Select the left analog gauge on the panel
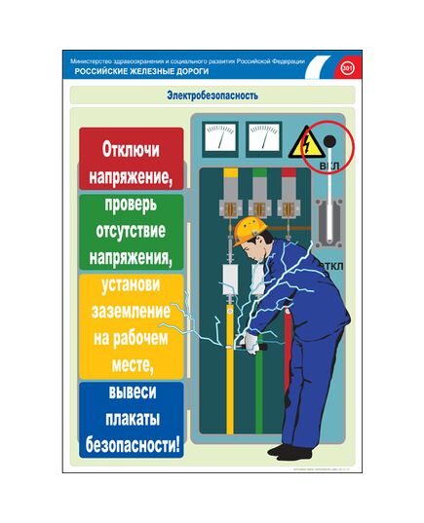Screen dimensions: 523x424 221,136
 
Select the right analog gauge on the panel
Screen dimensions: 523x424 263,136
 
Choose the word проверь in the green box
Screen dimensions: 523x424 131,206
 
